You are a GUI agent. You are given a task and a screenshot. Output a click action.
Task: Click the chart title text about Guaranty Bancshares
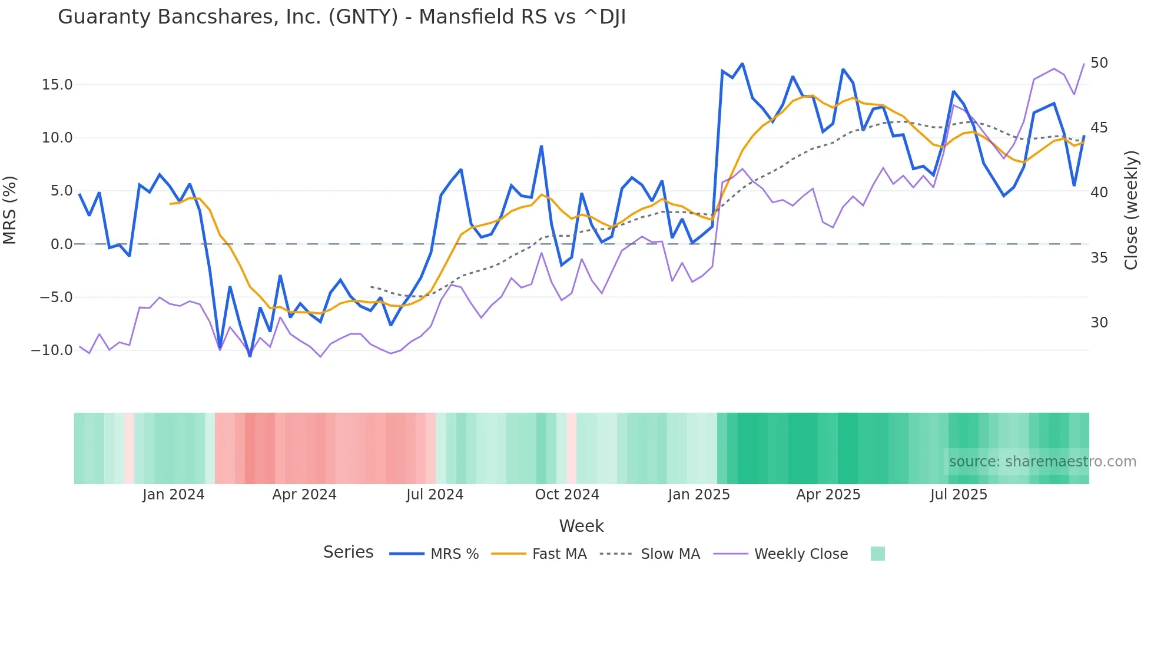click(341, 17)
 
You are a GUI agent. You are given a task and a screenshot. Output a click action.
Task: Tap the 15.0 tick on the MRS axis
click(57, 85)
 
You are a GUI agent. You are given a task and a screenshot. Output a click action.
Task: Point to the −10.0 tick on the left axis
click(52, 350)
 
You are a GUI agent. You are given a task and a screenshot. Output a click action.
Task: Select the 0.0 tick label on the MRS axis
click(61, 244)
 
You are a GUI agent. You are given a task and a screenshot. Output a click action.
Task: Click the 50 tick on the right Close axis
click(1099, 63)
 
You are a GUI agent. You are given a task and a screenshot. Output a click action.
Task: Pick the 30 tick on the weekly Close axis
click(1099, 323)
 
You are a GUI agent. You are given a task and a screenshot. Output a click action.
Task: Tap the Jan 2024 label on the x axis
click(173, 495)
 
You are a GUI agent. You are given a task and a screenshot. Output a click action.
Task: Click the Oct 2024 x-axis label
click(566, 495)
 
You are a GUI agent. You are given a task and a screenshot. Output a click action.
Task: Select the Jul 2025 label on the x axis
click(959, 495)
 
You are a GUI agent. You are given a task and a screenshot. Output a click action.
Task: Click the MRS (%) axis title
click(10, 210)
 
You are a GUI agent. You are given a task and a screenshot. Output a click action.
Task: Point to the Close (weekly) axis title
click(1130, 210)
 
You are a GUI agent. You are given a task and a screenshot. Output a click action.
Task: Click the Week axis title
click(581, 526)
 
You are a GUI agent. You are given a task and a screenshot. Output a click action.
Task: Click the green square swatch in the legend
click(877, 554)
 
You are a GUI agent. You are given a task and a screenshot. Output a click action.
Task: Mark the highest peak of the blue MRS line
click(742, 64)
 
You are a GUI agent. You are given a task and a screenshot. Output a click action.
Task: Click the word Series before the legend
click(348, 552)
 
